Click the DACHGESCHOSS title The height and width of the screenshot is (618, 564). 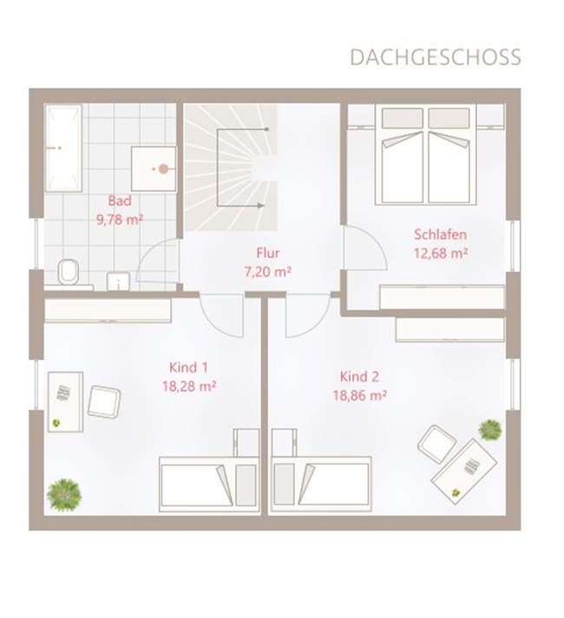click(x=435, y=57)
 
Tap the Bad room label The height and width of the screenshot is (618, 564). click(x=120, y=201)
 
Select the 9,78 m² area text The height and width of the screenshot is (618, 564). click(x=120, y=220)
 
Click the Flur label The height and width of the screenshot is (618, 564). click(x=268, y=253)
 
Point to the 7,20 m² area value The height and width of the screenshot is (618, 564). click(x=268, y=272)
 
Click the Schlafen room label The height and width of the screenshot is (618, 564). click(x=440, y=234)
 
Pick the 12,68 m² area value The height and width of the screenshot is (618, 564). click(x=440, y=253)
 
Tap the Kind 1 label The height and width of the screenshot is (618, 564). click(x=188, y=367)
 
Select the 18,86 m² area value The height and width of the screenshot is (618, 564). click(x=359, y=395)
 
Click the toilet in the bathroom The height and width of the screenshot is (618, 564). click(x=69, y=272)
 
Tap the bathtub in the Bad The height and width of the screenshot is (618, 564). click(x=63, y=148)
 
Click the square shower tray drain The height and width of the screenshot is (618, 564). click(x=163, y=169)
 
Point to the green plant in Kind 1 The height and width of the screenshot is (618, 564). click(x=64, y=495)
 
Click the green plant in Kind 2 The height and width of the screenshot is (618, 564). click(x=490, y=430)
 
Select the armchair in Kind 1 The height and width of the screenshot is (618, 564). click(x=103, y=401)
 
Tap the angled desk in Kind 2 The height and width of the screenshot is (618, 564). click(x=464, y=471)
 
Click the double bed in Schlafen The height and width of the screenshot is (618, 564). click(x=426, y=154)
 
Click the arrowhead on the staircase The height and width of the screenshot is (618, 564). click(x=260, y=206)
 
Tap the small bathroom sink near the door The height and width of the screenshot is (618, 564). click(x=118, y=281)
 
